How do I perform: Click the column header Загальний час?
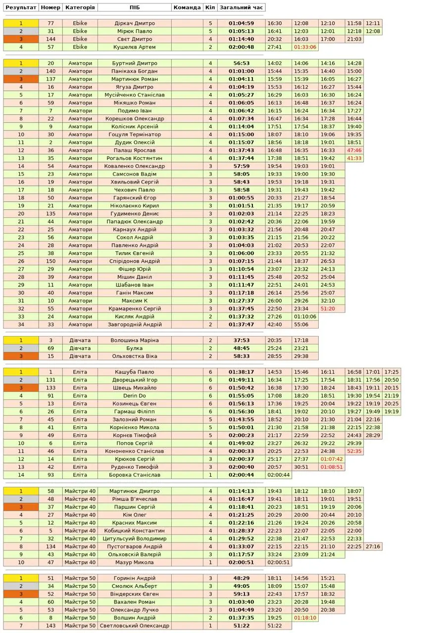click(x=242, y=7)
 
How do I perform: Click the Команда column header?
click(x=187, y=7)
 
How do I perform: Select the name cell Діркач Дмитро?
click(x=135, y=23)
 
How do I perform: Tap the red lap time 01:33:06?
click(x=305, y=47)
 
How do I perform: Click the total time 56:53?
click(x=242, y=63)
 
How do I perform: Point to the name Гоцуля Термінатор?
click(x=135, y=135)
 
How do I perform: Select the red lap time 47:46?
click(x=354, y=150)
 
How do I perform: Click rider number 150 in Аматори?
click(x=50, y=261)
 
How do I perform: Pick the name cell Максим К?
click(x=135, y=301)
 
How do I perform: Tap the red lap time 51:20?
click(x=328, y=309)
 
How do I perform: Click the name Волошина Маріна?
click(x=135, y=340)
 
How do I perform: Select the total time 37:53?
click(x=242, y=340)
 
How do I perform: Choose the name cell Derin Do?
click(x=135, y=396)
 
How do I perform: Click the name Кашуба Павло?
click(x=135, y=372)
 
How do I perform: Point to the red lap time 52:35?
click(x=354, y=451)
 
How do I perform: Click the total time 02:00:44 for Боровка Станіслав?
click(x=242, y=475)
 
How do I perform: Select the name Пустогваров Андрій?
click(x=135, y=546)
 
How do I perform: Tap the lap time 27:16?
click(x=373, y=546)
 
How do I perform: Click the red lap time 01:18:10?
click(x=305, y=618)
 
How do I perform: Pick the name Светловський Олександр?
click(x=135, y=626)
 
